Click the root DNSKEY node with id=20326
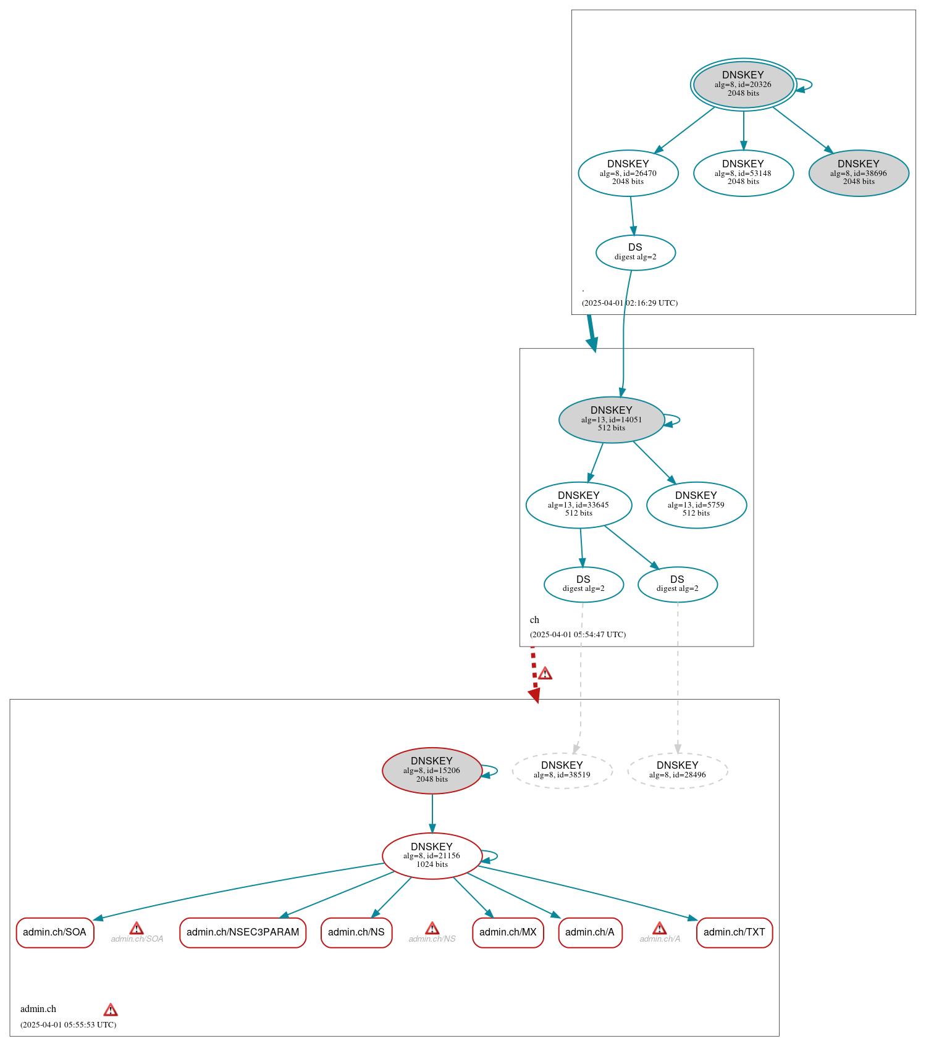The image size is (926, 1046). click(743, 85)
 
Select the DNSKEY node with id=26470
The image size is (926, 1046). click(628, 173)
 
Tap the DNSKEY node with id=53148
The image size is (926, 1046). click(743, 173)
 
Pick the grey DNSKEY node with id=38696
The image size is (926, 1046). click(858, 173)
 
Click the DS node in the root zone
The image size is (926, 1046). click(635, 252)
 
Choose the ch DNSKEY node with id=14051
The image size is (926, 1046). click(611, 419)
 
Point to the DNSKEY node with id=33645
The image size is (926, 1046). click(578, 504)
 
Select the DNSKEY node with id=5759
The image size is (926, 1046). click(696, 504)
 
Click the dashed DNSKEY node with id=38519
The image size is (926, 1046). click(562, 770)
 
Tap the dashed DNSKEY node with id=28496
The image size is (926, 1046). click(677, 770)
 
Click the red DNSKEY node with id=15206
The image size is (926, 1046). click(432, 770)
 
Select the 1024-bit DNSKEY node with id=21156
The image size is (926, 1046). click(432, 855)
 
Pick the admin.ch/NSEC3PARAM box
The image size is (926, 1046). click(243, 932)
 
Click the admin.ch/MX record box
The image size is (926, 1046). click(508, 932)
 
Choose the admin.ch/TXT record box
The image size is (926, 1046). click(734, 932)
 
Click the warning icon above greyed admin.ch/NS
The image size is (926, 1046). click(432, 928)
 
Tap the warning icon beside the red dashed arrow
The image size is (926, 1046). click(545, 673)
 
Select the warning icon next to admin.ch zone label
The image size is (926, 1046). click(111, 1010)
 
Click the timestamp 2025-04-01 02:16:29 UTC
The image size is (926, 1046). click(629, 303)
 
